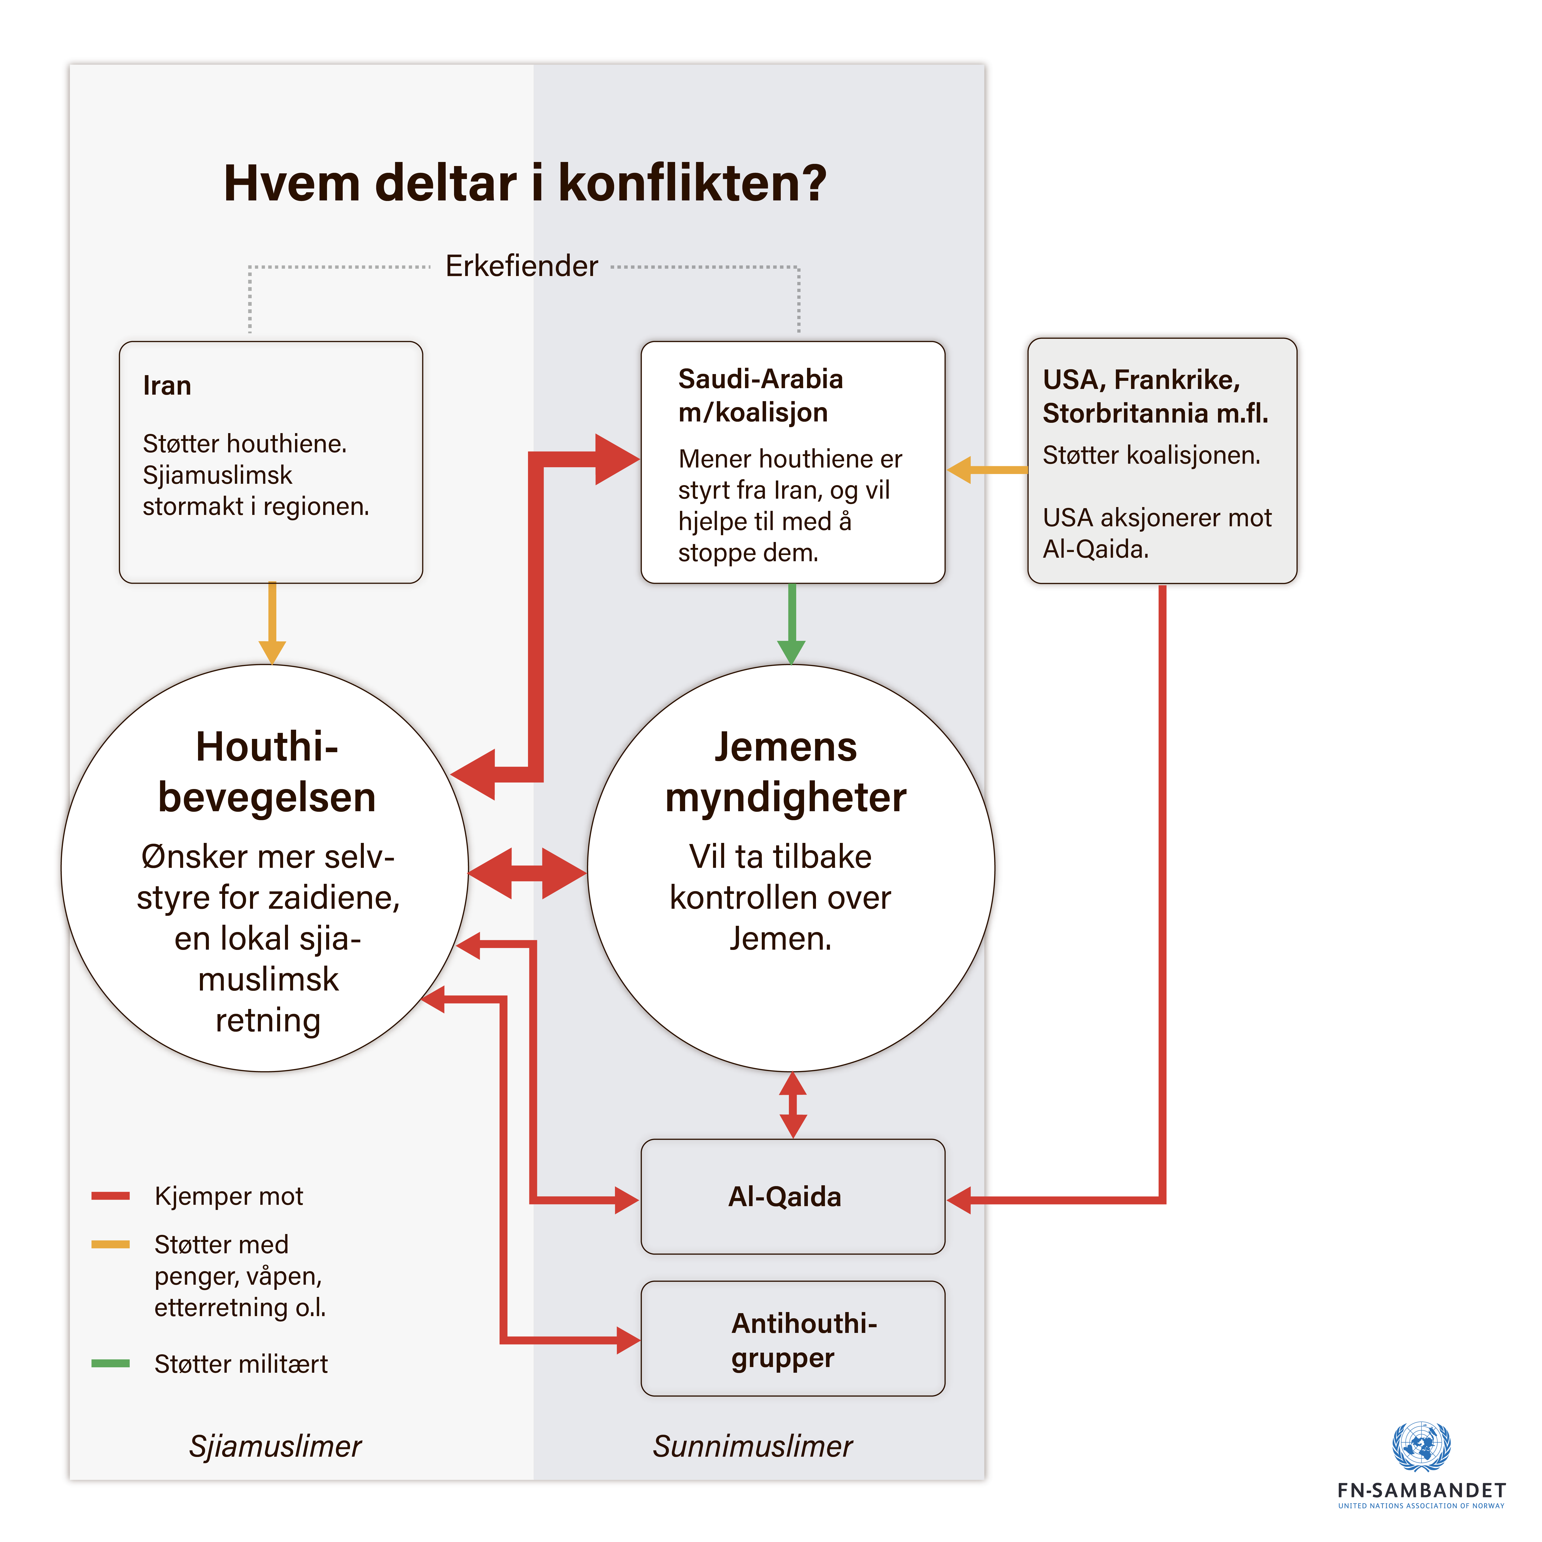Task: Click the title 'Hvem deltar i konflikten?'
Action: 524,184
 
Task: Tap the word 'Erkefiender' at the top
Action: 521,266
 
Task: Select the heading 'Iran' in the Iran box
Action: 167,385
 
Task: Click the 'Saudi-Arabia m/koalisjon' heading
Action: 760,395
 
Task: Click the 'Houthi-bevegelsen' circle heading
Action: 267,772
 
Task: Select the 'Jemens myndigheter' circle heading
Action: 785,772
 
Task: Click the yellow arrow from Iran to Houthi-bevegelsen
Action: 272,622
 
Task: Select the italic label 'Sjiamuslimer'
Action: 274,1445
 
